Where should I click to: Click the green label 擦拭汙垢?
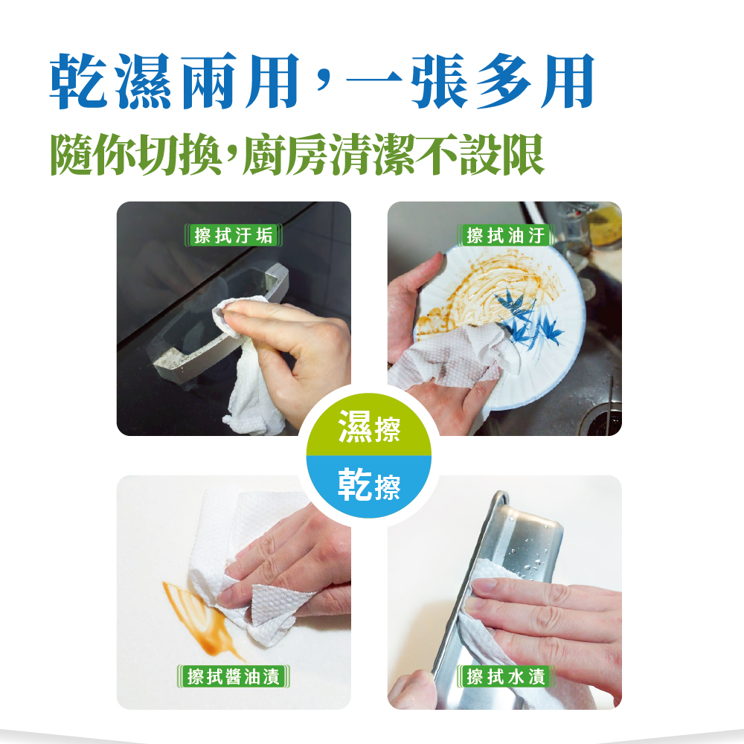click(233, 235)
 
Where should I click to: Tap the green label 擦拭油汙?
click(505, 235)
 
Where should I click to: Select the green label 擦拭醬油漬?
click(233, 676)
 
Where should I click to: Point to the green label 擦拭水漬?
click(505, 676)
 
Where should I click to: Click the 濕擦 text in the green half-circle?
click(369, 427)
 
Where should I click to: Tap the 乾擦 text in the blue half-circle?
click(369, 485)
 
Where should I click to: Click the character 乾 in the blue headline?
click(79, 80)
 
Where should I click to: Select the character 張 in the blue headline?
click(440, 80)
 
